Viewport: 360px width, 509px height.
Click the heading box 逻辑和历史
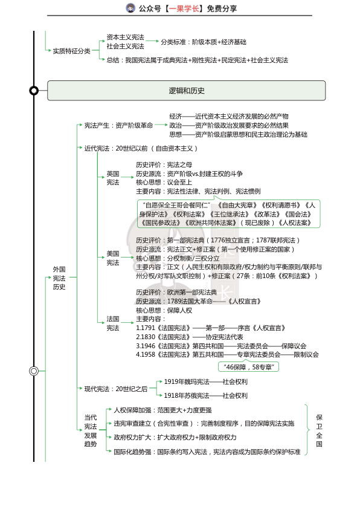tap(186, 91)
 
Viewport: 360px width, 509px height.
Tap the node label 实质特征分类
tap(71, 51)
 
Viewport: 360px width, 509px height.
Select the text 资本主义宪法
tap(125, 37)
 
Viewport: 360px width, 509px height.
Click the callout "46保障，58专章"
tap(248, 366)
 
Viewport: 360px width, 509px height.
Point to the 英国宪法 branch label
tap(113, 178)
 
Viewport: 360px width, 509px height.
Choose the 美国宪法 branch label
tap(113, 258)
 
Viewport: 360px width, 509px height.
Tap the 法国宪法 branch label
tap(113, 323)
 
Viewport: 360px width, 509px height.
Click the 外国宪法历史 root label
tap(59, 278)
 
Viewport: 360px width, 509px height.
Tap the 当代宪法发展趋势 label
tap(90, 430)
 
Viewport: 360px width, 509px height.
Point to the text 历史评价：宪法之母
tap(159, 164)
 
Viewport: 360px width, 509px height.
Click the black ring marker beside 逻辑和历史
tap(34, 91)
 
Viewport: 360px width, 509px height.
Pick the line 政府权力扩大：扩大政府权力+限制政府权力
tap(175, 437)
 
